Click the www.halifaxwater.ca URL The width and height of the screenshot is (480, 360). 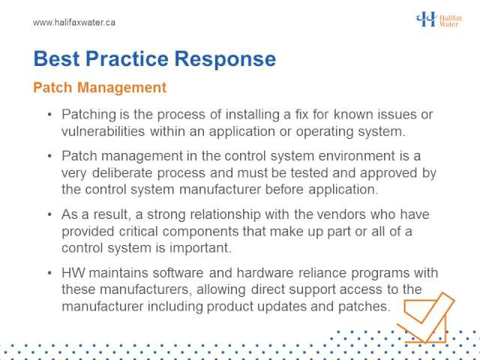(x=74, y=22)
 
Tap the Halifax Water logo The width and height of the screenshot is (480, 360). (x=439, y=19)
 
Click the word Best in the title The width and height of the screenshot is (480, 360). (x=57, y=58)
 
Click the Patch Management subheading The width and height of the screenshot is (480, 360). (x=100, y=88)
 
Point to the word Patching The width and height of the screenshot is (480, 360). (x=88, y=115)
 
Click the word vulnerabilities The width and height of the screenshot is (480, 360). (x=103, y=131)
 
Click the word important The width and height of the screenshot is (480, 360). (x=200, y=248)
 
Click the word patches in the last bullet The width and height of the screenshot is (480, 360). (x=364, y=307)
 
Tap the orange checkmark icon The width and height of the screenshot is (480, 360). (x=425, y=317)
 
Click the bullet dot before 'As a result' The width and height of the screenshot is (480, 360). (x=50, y=214)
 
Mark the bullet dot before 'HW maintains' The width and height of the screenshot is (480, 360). (x=50, y=273)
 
